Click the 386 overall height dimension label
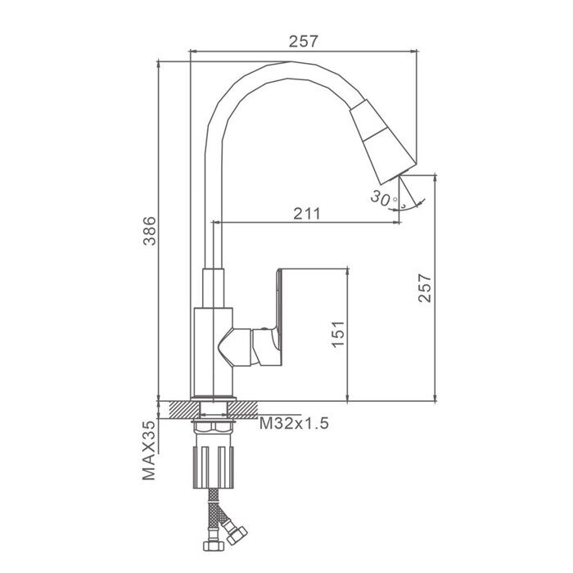point(149,231)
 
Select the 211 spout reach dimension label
point(307,214)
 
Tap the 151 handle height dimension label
point(338,334)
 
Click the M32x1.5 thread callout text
point(294,423)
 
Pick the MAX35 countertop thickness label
point(149,450)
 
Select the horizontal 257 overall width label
point(304,41)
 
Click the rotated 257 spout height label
point(425,288)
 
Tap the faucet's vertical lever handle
point(278,314)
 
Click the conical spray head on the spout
point(382,141)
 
